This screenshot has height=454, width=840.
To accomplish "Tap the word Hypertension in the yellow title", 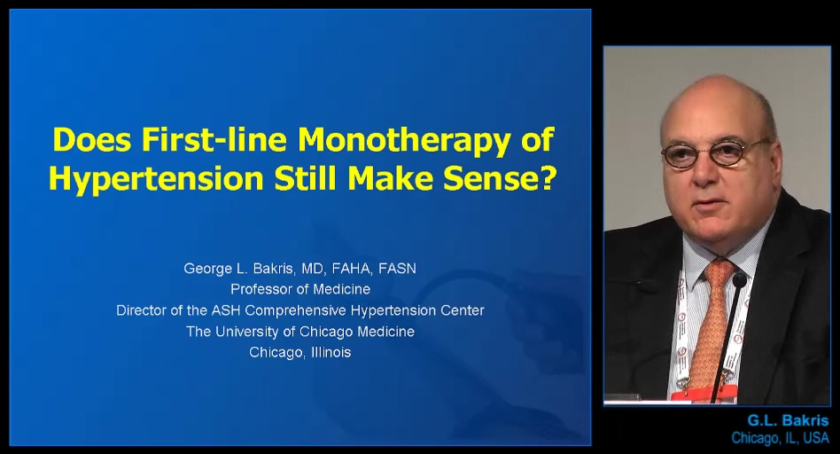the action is pos(156,180).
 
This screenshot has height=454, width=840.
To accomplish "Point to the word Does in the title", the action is pos(92,139).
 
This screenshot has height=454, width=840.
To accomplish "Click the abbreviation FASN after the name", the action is pos(397,269).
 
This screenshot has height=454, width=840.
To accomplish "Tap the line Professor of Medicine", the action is pos(300,289).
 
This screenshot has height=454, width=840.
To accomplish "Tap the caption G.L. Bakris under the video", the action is pos(788,420).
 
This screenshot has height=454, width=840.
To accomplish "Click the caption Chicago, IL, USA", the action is pos(780,438).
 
